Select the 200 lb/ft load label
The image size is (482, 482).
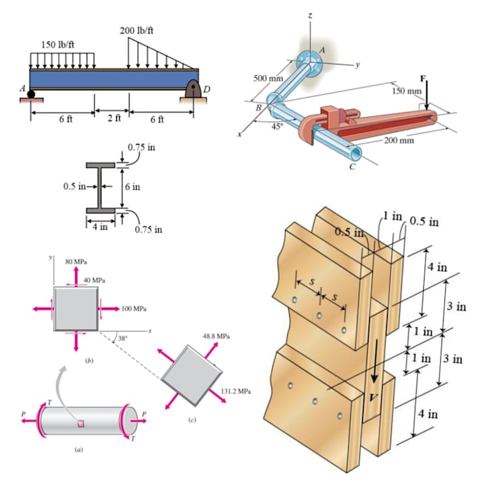(x=136, y=30)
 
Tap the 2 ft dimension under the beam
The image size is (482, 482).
(x=113, y=118)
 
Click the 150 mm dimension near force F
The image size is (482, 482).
(x=406, y=91)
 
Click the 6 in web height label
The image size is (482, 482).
(x=132, y=186)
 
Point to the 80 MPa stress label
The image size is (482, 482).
(x=76, y=261)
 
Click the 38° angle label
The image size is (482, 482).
(x=122, y=338)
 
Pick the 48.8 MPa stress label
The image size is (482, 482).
(x=215, y=335)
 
